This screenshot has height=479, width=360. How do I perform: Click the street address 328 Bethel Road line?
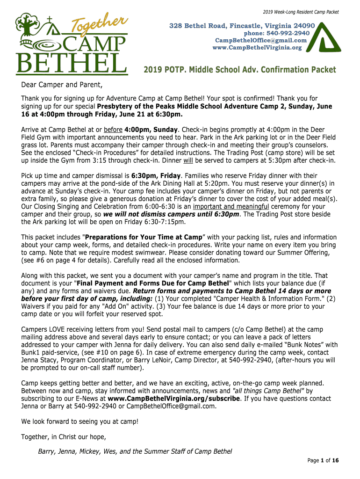pos(242,25)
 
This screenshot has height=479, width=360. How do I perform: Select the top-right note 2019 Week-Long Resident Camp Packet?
pos(300,12)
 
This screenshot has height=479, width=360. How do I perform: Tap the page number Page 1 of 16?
pos(323,461)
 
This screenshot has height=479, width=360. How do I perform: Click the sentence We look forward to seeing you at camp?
pos(80,421)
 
